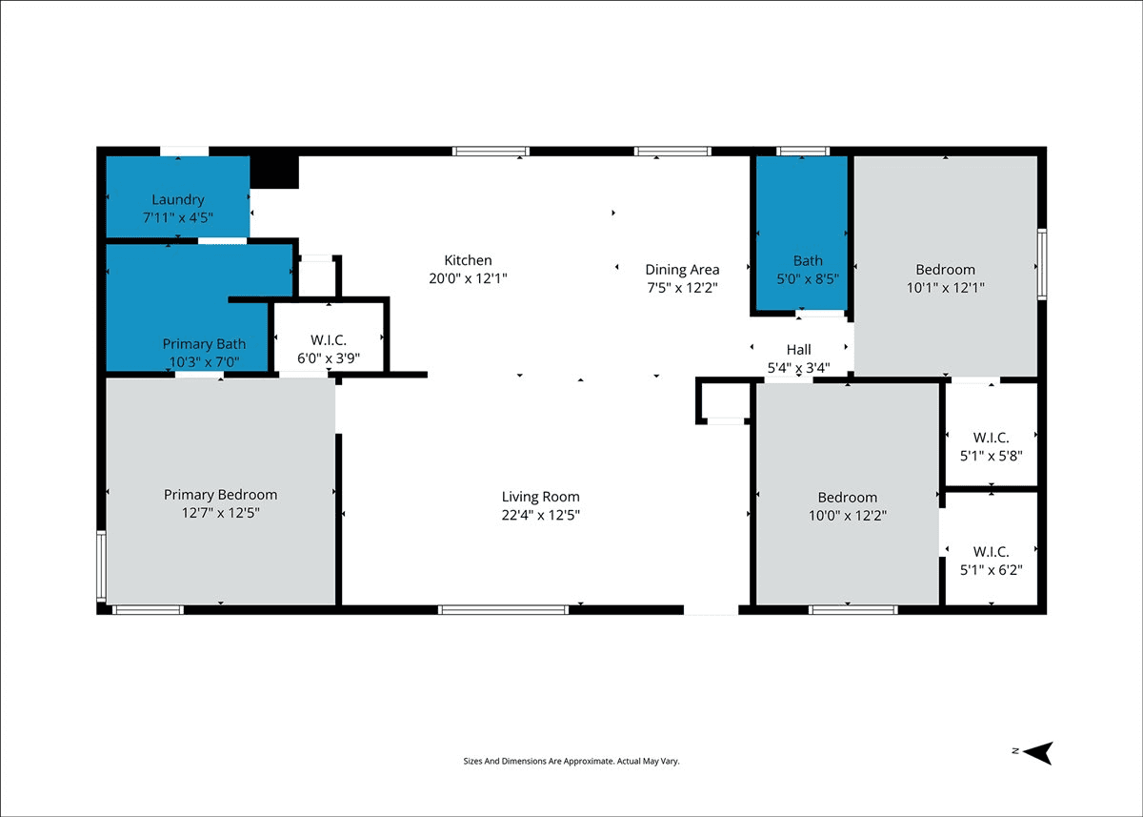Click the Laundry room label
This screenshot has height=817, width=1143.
(178, 199)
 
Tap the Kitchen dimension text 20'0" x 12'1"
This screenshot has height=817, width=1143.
(468, 278)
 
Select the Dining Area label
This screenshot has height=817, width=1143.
(682, 270)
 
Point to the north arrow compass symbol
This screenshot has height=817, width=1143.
(1037, 753)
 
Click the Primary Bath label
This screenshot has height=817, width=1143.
(204, 343)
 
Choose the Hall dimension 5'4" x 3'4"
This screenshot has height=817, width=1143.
(798, 368)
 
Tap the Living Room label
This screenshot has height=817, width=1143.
(540, 497)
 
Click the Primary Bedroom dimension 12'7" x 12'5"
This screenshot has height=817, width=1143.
(220, 513)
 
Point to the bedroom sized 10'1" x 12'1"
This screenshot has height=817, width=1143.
(946, 267)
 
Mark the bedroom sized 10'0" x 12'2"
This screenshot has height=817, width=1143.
(848, 494)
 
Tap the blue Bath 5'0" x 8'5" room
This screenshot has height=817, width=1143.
(802, 233)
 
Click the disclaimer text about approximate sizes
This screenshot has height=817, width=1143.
(571, 761)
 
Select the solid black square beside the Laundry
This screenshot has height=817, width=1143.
(274, 173)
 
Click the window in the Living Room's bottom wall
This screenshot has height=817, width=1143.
(503, 610)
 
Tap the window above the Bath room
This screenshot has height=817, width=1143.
(803, 152)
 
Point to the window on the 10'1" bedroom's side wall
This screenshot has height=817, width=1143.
(1042, 264)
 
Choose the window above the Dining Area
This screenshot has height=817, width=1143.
(672, 152)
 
